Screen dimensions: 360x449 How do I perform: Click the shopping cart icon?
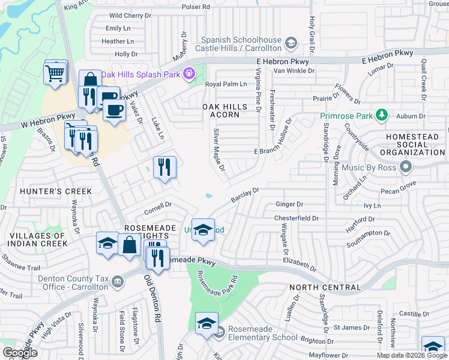pyautogui.click(x=55, y=74)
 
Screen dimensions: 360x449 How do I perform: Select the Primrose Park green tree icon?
pyautogui.click(x=381, y=115)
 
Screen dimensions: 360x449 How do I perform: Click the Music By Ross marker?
pyautogui.click(x=406, y=166)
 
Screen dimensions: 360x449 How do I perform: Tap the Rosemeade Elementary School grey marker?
pyautogui.click(x=220, y=331)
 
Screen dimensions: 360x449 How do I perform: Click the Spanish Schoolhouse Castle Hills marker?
pyautogui.click(x=291, y=43)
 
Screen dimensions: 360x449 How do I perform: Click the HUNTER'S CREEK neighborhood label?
pyautogui.click(x=48, y=191)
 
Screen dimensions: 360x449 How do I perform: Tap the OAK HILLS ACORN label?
pyautogui.click(x=224, y=110)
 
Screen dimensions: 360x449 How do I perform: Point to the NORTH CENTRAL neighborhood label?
pyautogui.click(x=325, y=287)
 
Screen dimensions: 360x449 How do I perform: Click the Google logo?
pyautogui.click(x=20, y=353)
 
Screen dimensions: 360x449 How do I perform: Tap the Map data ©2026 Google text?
pyautogui.click(x=411, y=355)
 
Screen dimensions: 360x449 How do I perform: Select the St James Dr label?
pyautogui.click(x=348, y=327)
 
